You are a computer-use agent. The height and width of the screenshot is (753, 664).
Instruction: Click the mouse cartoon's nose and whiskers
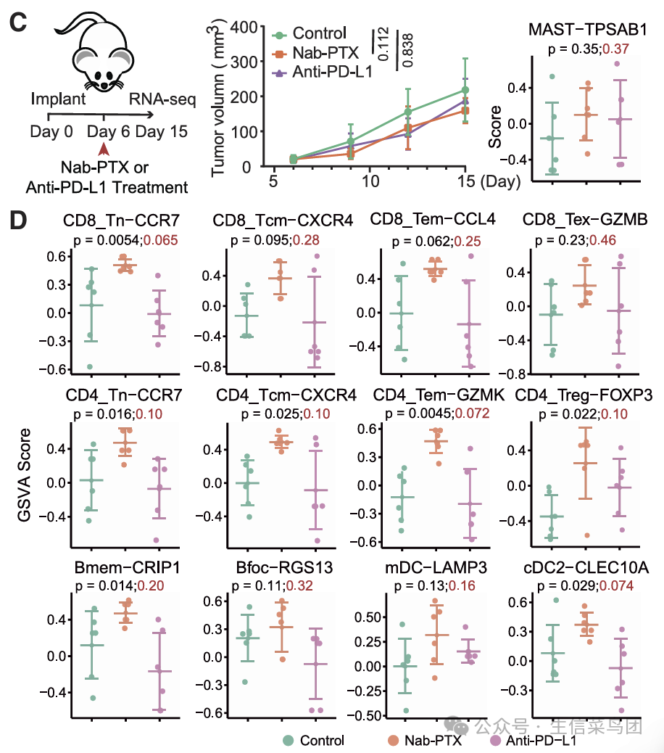tap(109, 83)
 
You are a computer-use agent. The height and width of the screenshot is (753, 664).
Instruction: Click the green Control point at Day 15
tap(465, 91)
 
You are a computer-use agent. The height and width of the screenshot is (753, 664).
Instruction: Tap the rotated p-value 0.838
tap(407, 50)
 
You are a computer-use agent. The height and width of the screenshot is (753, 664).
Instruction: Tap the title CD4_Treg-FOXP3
tap(584, 395)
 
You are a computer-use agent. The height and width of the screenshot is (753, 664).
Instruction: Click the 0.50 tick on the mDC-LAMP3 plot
tap(370, 617)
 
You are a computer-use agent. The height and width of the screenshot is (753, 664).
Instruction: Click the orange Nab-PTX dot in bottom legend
tap(393, 740)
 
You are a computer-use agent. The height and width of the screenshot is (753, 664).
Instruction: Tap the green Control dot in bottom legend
tap(289, 740)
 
